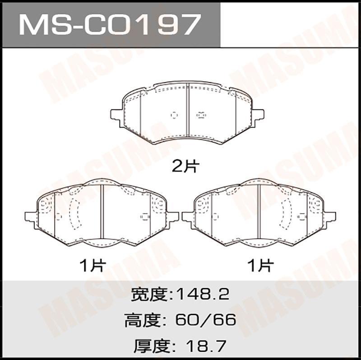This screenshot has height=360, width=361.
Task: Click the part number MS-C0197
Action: click(110, 24)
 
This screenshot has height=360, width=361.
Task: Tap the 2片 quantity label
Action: click(185, 166)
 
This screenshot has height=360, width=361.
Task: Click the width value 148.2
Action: click(202, 295)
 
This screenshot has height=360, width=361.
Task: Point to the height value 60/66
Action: click(206, 320)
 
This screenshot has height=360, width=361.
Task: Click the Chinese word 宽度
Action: click(149, 295)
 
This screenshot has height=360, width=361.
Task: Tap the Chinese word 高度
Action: click(142, 320)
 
